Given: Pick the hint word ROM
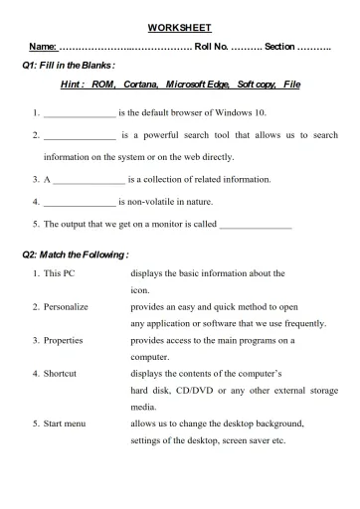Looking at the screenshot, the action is (x=103, y=85).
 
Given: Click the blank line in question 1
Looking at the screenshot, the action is (x=80, y=113).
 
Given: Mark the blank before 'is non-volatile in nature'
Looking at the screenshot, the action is (x=80, y=202).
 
